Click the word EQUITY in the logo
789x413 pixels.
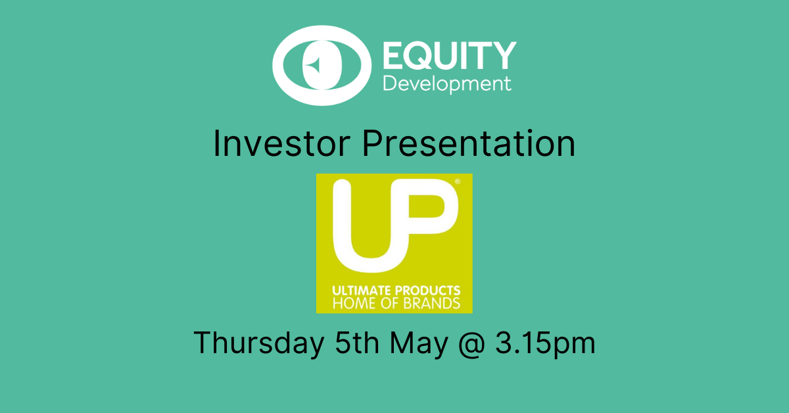450,55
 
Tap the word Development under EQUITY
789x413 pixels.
447,84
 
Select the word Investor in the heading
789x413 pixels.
281,143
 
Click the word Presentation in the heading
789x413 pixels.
469,143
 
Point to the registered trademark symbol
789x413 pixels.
458,182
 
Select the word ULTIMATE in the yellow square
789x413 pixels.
362,291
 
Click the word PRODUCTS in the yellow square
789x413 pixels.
427,291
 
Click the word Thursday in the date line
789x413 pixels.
258,343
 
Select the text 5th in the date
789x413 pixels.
357,342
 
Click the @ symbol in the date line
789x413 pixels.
472,344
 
